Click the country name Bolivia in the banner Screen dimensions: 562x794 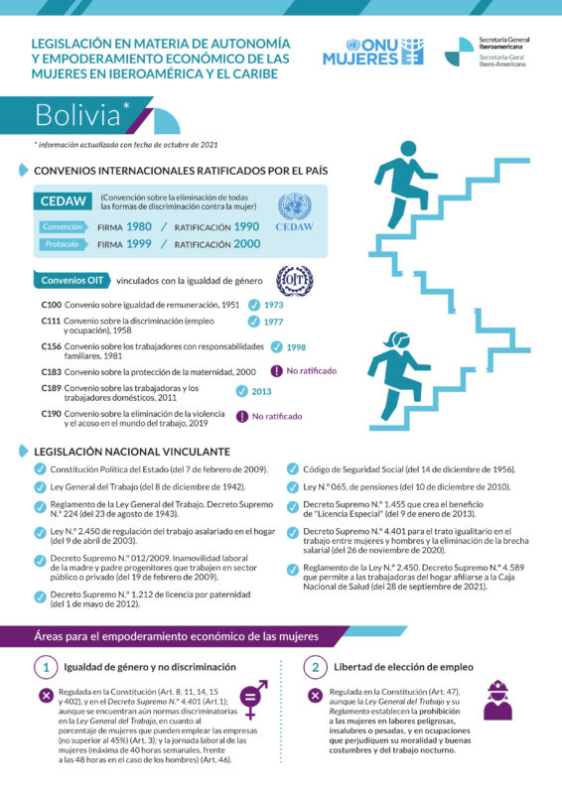76,115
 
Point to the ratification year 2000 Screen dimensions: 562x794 246,244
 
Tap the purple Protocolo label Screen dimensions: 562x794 61,244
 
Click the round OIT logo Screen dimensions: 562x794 294,279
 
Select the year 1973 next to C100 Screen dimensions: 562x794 273,305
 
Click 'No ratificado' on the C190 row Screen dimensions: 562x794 276,416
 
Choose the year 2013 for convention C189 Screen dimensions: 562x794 261,391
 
